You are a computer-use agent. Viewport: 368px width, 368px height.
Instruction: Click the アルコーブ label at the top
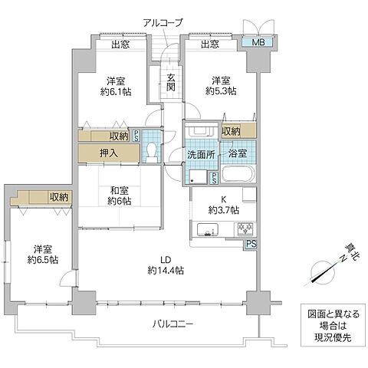pos(162,22)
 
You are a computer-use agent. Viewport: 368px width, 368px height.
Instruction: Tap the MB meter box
pos(258,44)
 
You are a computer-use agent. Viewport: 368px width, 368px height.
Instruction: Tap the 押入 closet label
pos(108,153)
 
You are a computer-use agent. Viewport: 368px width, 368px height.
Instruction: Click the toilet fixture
pos(151,150)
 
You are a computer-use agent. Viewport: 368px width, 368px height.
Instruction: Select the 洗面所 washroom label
pos(203,153)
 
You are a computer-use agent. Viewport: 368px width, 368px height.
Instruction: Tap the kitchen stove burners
pos(245,228)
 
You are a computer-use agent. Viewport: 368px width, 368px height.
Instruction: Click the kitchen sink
pos(209,228)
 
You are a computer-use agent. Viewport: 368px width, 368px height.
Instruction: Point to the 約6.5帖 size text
pos(44,259)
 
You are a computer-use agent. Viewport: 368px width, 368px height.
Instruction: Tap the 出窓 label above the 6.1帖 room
pos(119,45)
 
